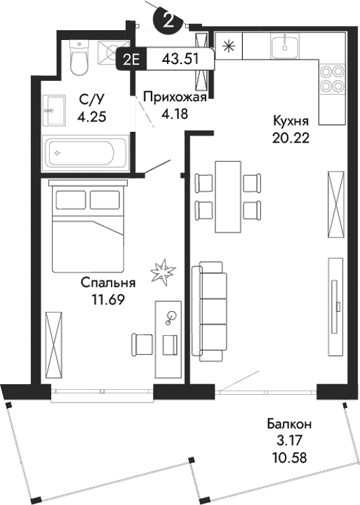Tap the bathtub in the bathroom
(85, 152)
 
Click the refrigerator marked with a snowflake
(227, 48)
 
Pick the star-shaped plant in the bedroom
(162, 269)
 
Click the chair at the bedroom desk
(142, 344)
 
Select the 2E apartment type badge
(131, 59)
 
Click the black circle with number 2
(168, 20)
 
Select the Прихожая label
(174, 97)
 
